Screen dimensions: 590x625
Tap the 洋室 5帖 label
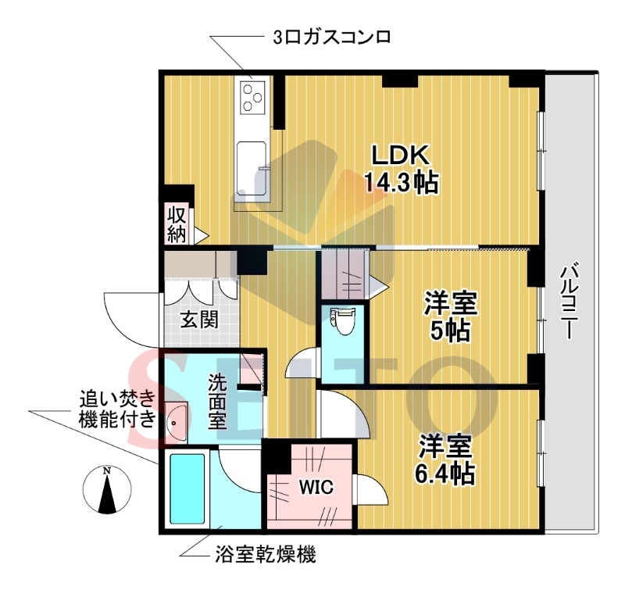[x=451, y=316]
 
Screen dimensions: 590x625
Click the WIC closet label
[x=316, y=487]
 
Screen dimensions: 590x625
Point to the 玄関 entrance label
[x=199, y=320]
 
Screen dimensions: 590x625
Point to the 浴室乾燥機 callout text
[x=265, y=556]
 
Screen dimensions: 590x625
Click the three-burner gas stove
[x=254, y=98]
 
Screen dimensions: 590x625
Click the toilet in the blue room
[x=341, y=321]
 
